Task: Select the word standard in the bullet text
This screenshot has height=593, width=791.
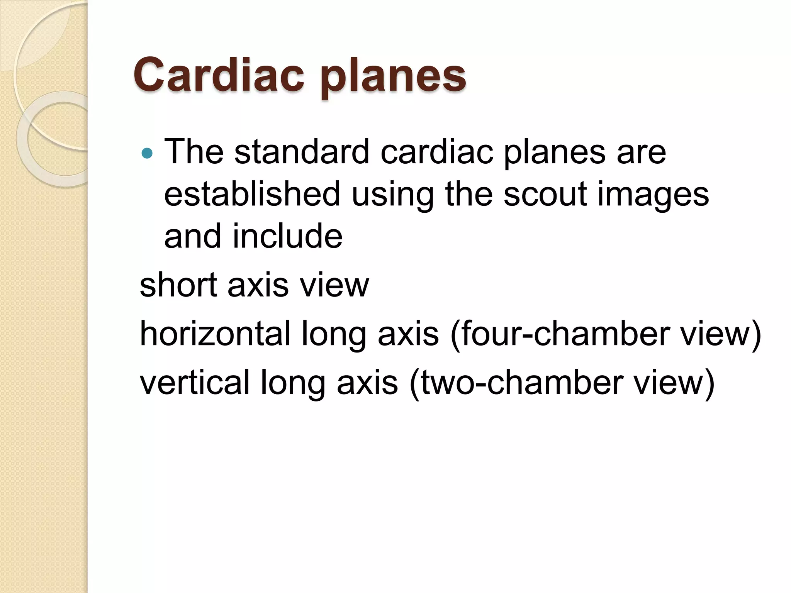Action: tap(302, 152)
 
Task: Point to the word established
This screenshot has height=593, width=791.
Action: tap(252, 194)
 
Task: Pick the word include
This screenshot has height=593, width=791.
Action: tap(287, 236)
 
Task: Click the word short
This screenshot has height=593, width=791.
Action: tap(178, 285)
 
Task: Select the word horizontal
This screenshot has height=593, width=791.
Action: tap(215, 334)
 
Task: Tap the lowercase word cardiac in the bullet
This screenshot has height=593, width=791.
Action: tap(437, 152)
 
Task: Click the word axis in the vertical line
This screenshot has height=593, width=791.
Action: tap(367, 383)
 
